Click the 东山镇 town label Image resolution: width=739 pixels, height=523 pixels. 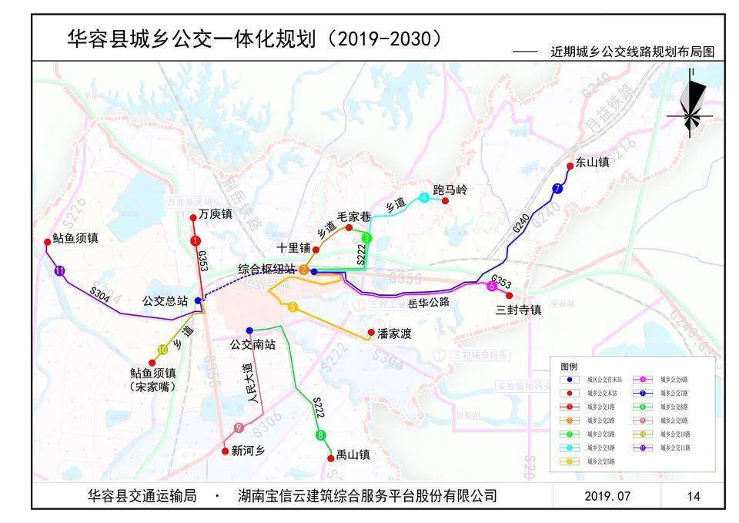point(592,163)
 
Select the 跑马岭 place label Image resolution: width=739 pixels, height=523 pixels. point(450,189)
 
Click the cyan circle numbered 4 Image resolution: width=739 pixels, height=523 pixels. point(424,198)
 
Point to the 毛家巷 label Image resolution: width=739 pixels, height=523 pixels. point(355,216)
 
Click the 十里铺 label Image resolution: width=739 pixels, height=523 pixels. point(294,247)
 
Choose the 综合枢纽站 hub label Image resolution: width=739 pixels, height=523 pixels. point(266,269)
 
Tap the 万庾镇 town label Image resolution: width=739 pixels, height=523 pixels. point(215,214)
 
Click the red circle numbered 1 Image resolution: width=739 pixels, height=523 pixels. point(196,241)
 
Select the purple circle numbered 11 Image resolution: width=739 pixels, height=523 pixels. point(59,270)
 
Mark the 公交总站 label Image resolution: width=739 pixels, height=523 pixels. point(166,300)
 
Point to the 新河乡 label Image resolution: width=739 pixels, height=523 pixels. point(247,452)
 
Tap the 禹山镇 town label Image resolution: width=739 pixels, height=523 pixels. point(353,455)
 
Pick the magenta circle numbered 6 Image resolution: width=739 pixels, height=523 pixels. point(491,287)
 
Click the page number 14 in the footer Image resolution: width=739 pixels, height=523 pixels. point(694,496)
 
